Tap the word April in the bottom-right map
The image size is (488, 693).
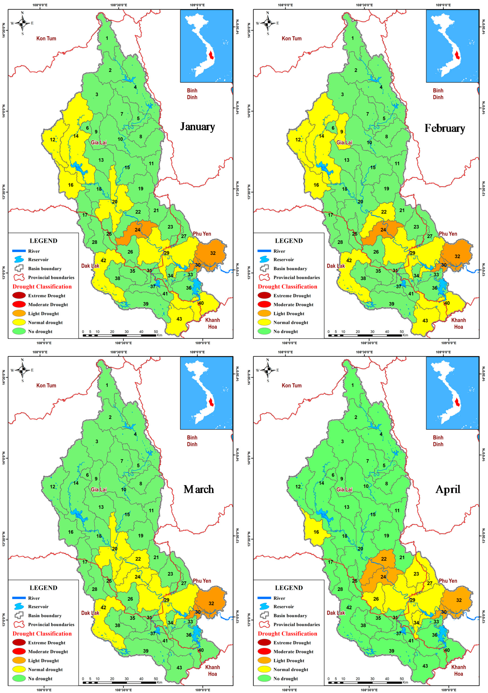[x=448, y=489]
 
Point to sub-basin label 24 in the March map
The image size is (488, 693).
[x=137, y=576]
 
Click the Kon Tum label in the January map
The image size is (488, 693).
[x=46, y=38]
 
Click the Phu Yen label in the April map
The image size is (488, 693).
[x=448, y=581]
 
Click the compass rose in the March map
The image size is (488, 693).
[x=22, y=370]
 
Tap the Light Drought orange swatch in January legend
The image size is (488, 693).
[x=19, y=313]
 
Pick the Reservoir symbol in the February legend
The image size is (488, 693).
[x=264, y=259]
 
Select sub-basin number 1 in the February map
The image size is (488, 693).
[x=352, y=38]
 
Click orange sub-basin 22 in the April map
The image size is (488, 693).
[x=383, y=559]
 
